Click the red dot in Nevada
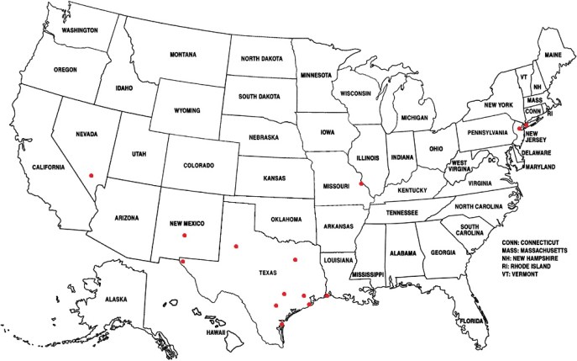click(91, 175)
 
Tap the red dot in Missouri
click(361, 183)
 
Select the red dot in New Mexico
click(184, 236)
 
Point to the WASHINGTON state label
click(74, 31)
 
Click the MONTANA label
click(182, 55)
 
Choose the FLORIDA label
click(471, 321)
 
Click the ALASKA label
click(116, 299)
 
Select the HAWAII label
click(217, 332)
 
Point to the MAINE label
click(554, 55)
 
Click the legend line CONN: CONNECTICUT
click(530, 241)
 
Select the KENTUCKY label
click(412, 190)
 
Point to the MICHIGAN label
click(415, 118)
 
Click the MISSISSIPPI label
click(368, 275)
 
